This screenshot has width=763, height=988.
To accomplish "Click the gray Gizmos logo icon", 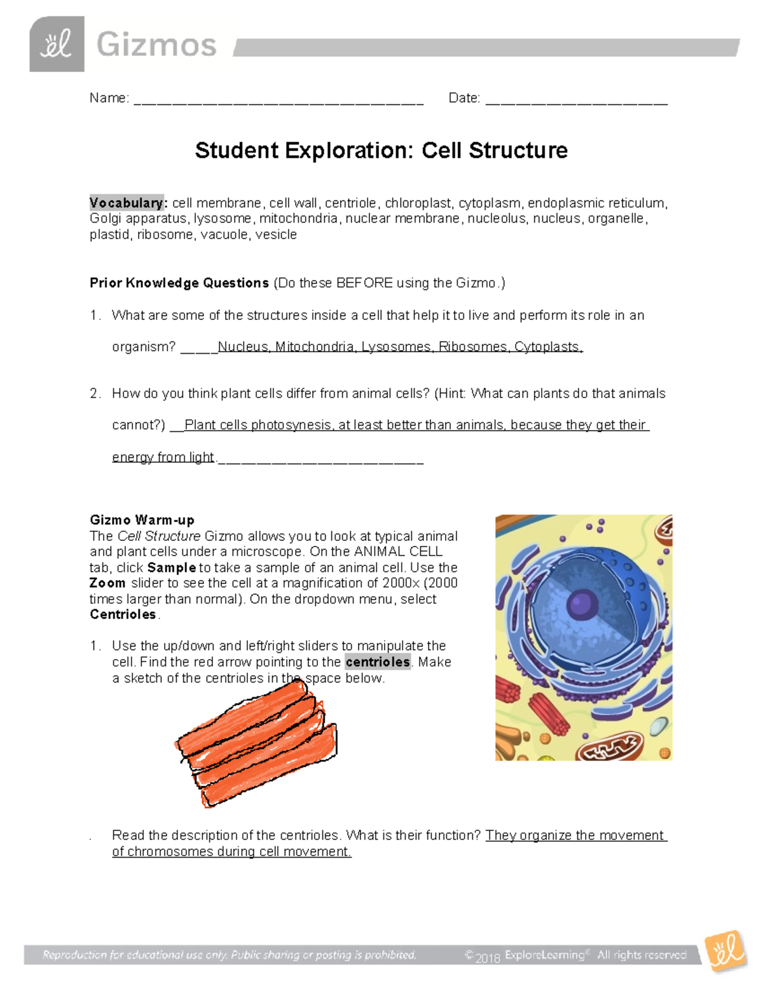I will pyautogui.click(x=57, y=44).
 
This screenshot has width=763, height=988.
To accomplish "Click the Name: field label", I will pyautogui.click(x=109, y=98).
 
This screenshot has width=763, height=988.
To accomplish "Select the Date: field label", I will pyautogui.click(x=464, y=98).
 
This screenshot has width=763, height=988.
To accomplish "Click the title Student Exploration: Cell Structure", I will pyautogui.click(x=381, y=151).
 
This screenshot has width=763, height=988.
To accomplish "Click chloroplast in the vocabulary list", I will pyautogui.click(x=418, y=203).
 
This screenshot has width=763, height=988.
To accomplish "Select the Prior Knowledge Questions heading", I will pyautogui.click(x=179, y=283).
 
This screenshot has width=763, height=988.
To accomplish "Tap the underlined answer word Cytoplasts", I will pyautogui.click(x=547, y=347).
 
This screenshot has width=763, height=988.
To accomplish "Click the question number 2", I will pyautogui.click(x=94, y=394).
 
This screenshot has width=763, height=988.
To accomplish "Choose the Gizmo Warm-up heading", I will pyautogui.click(x=142, y=520).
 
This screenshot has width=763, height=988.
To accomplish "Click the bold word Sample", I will pyautogui.click(x=172, y=567).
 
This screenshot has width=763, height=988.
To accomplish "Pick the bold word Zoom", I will pyautogui.click(x=107, y=583).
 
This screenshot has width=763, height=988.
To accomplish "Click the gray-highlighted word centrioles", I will pyautogui.click(x=378, y=662).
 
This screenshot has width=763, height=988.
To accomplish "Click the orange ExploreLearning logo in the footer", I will pyautogui.click(x=725, y=952).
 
